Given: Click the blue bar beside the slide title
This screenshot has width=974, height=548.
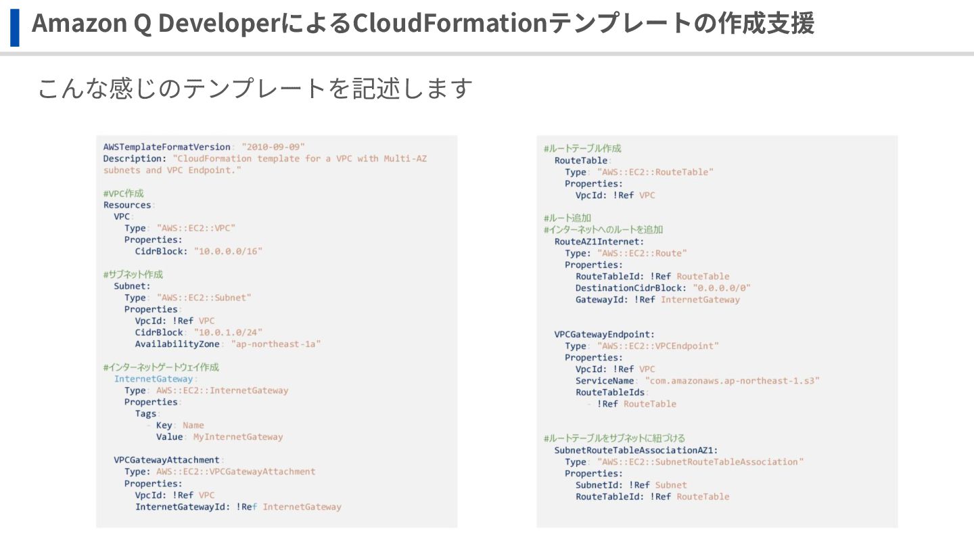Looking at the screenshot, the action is point(14,27).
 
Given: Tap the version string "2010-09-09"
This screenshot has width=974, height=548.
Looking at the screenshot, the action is point(273,147).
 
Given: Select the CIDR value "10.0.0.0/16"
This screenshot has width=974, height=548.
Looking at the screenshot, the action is point(228,251).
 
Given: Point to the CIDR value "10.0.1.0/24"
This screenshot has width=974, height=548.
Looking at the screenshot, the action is point(228,332).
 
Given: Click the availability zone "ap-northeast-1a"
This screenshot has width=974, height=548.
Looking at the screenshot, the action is point(275,344).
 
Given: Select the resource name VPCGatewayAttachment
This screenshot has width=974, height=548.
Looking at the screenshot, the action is point(166,460).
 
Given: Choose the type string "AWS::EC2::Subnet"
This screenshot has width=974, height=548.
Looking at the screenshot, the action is point(204,298).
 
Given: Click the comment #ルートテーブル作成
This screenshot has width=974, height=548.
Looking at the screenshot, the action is point(582,148).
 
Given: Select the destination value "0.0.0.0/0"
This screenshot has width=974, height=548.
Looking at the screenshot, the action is point(722,288).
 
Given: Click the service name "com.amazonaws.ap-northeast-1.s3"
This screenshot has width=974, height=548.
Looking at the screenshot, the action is point(733,381).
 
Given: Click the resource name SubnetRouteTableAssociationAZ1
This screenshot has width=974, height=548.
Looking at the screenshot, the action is point(636,450).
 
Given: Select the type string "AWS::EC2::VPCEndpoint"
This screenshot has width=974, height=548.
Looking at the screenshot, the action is point(658,346).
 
